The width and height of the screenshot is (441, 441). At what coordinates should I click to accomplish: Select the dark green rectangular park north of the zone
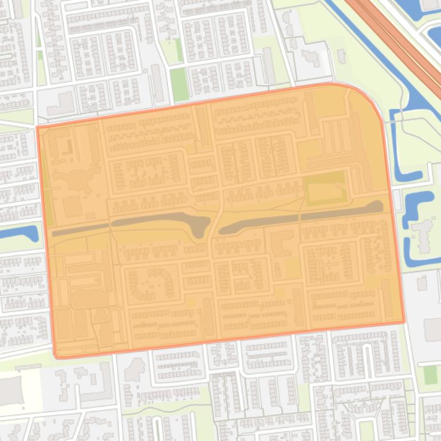tap(179, 85)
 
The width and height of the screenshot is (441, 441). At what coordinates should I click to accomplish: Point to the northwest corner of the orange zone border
tap(38, 127)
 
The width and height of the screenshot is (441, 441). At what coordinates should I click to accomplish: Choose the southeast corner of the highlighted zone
tap(404, 322)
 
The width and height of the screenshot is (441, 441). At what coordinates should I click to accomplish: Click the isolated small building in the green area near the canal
tap(342, 56)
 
